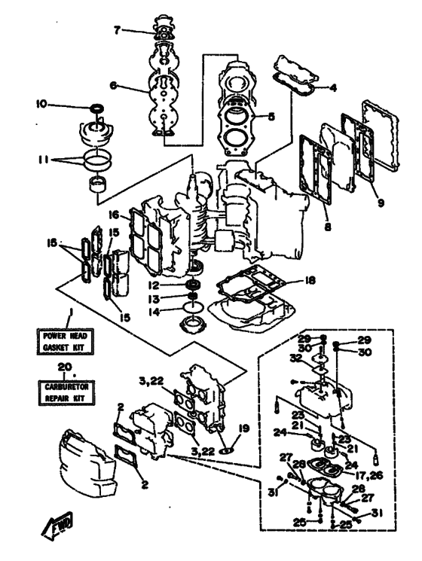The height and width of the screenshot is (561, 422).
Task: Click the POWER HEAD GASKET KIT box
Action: tap(66, 341)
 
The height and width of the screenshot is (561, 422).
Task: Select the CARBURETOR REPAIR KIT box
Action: tap(66, 392)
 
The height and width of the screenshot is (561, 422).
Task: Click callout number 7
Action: tap(117, 30)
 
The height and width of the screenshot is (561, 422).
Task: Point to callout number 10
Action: tap(41, 104)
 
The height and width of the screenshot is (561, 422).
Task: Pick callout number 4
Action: tap(333, 87)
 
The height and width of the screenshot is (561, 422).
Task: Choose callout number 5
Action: tap(271, 116)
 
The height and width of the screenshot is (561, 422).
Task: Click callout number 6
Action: tap(113, 87)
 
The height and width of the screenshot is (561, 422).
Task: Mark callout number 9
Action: tap(380, 203)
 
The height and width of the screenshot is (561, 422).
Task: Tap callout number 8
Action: tap(328, 226)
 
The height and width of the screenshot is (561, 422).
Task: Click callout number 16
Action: tap(114, 215)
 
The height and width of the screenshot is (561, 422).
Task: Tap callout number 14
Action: tap(154, 312)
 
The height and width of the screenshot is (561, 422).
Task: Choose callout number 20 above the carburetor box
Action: tap(65, 367)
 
